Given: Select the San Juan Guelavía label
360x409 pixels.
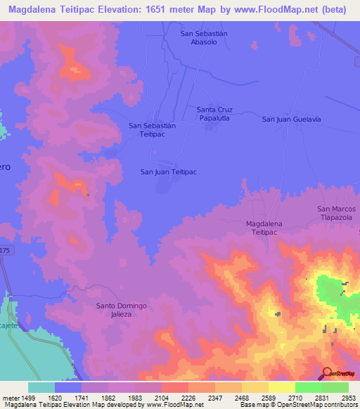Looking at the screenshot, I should pos(291,119).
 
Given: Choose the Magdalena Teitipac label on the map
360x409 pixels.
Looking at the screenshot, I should pos(267,228).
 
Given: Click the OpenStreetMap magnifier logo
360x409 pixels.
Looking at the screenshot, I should pos(327,373).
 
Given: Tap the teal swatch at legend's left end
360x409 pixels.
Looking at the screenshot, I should pos(41,387).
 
